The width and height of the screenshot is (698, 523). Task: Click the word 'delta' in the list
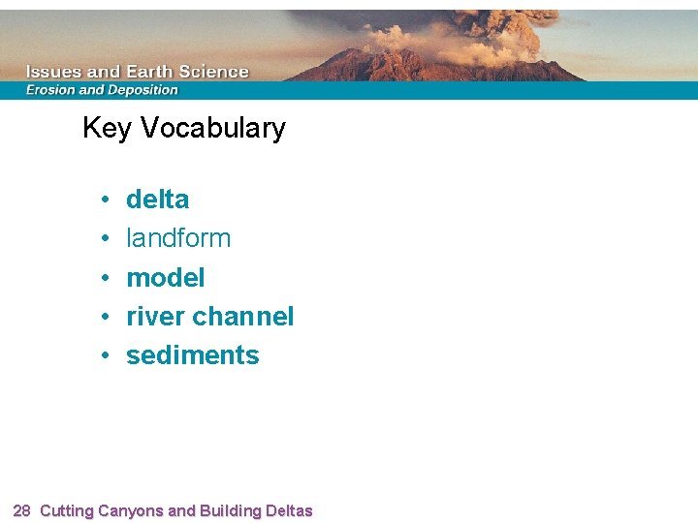click(157, 200)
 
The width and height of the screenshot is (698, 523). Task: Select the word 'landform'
click(178, 238)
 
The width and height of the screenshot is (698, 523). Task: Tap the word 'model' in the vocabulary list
click(165, 278)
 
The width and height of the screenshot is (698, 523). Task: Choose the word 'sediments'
click(192, 355)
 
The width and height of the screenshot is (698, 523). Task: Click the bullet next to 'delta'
click(103, 200)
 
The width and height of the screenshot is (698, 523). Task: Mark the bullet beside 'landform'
click(103, 239)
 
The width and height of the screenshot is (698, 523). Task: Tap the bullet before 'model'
click(103, 279)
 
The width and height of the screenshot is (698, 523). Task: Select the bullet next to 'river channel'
click(103, 318)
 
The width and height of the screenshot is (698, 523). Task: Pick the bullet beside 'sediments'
click(103, 356)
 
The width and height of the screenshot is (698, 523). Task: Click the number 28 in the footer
click(22, 510)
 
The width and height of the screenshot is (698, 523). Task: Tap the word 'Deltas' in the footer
click(285, 510)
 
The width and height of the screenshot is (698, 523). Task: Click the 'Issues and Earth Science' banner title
click(137, 72)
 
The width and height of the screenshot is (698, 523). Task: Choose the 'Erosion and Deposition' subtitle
click(102, 90)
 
